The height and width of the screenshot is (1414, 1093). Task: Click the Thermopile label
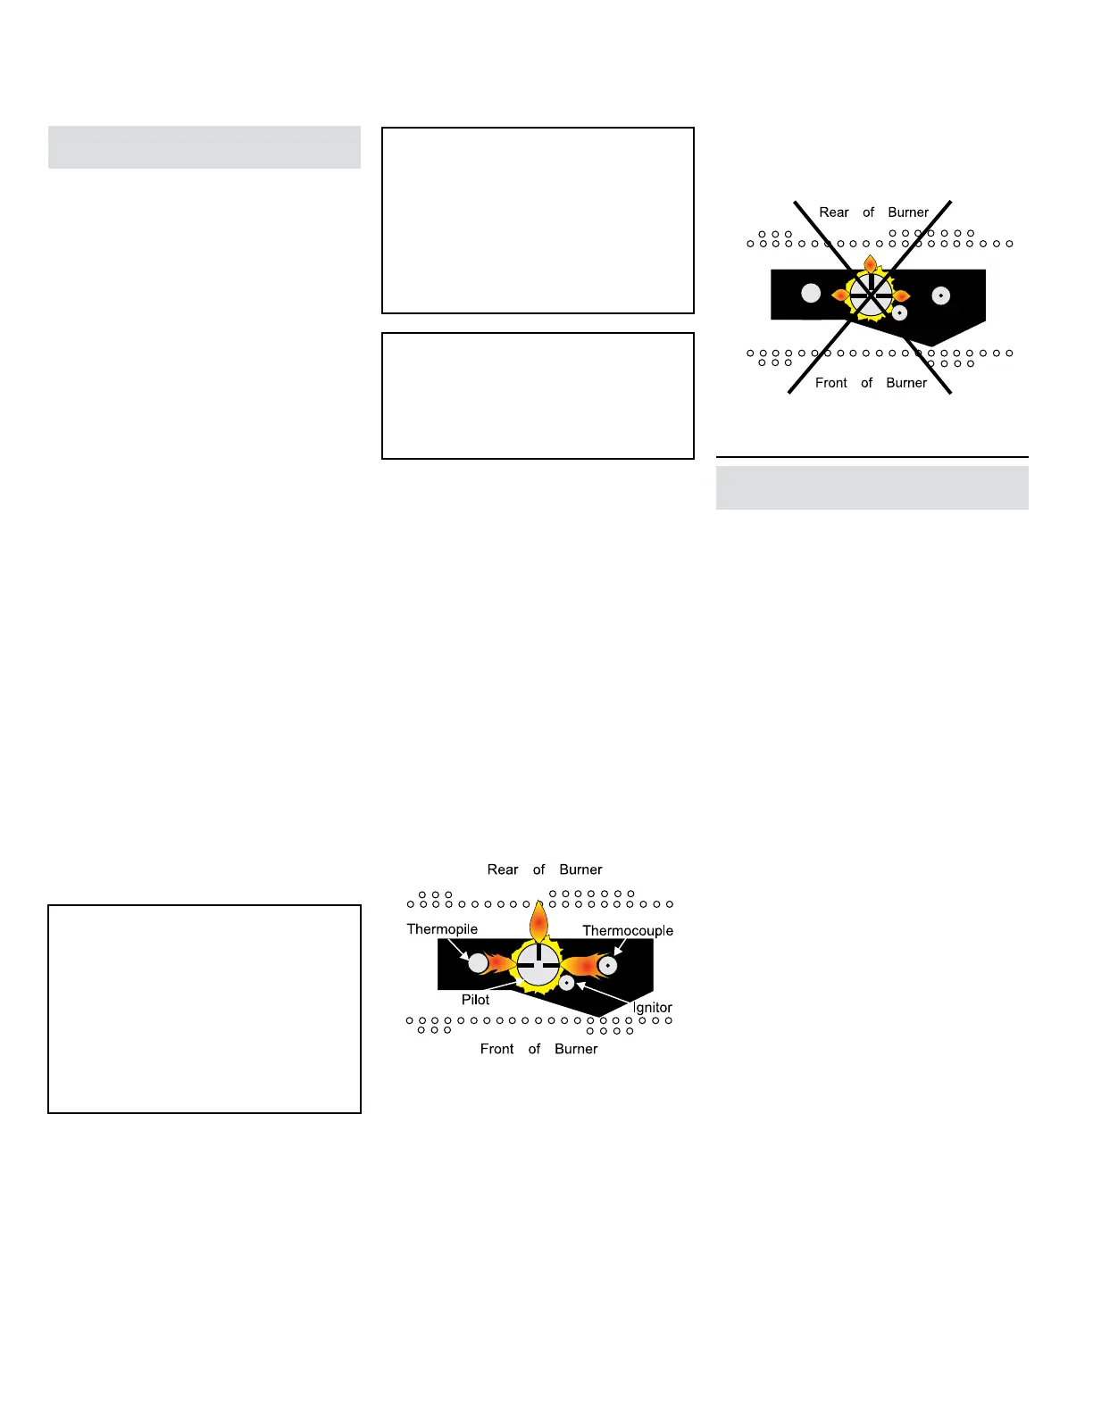click(442, 929)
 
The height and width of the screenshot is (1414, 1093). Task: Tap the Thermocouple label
click(628, 930)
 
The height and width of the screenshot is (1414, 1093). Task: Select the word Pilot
click(475, 1000)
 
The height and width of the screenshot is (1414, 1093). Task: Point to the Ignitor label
click(652, 1008)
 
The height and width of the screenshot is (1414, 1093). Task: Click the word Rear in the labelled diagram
click(503, 869)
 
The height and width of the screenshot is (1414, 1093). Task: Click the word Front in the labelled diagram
click(496, 1049)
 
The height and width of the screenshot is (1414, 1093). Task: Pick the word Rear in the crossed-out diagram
click(834, 212)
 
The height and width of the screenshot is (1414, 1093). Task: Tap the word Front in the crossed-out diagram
click(830, 383)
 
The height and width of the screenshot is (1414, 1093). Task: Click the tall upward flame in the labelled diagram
click(538, 922)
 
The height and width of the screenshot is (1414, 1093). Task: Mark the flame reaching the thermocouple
click(582, 965)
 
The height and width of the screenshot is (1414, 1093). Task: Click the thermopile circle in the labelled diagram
click(479, 962)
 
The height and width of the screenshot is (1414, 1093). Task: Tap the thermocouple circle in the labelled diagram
click(607, 965)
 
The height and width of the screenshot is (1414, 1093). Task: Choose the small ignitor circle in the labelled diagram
click(566, 984)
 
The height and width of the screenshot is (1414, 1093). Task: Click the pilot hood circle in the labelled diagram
click(538, 965)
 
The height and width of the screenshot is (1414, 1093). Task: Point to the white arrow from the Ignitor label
click(607, 996)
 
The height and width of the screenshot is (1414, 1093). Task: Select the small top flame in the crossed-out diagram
click(870, 265)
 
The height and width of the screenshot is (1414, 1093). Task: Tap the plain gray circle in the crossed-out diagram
click(811, 292)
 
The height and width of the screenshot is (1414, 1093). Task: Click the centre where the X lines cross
click(870, 295)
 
